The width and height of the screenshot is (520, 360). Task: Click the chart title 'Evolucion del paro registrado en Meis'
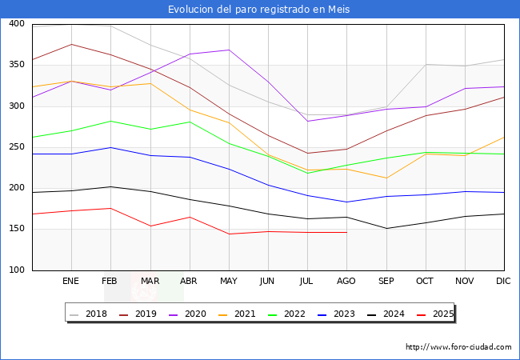(x=259, y=10)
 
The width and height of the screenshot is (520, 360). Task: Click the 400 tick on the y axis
(x=15, y=24)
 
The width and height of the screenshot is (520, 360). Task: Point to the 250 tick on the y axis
(x=15, y=147)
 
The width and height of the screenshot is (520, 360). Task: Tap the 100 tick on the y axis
(x=15, y=270)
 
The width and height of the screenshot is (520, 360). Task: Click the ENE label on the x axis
(x=70, y=282)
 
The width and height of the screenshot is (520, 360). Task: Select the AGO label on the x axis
(x=346, y=282)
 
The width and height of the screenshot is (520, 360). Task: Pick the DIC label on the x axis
(x=503, y=282)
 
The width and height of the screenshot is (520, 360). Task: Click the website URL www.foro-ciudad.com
(x=458, y=347)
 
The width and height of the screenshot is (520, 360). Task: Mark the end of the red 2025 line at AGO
(x=346, y=232)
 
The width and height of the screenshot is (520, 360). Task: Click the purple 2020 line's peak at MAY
(x=229, y=50)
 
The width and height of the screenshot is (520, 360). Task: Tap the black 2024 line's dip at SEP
(x=386, y=228)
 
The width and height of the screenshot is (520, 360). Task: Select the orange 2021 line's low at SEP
(x=386, y=178)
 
